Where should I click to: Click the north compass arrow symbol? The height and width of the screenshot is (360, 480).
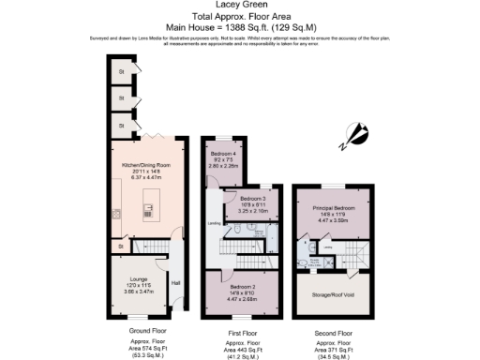[354, 137]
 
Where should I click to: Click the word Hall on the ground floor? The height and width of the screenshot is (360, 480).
[175, 282]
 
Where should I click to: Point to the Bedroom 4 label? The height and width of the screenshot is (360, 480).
[223, 153]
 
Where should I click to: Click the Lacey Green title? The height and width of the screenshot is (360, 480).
[239, 5]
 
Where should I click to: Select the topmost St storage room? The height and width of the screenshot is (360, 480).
[120, 72]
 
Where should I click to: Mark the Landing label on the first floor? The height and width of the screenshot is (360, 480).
[214, 223]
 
